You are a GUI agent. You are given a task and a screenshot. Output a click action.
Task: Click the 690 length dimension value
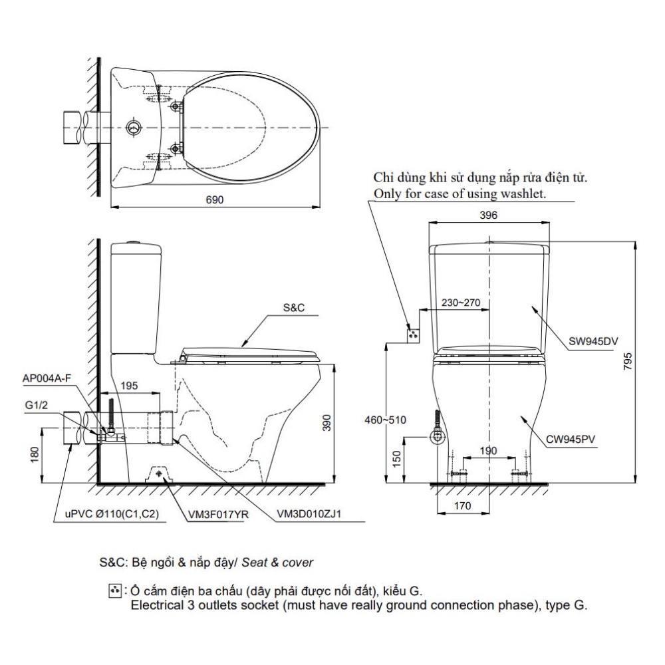click(x=215, y=199)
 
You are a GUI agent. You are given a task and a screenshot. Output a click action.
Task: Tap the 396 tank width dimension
click(x=489, y=215)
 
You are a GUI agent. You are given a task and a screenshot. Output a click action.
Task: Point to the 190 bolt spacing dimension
click(x=489, y=451)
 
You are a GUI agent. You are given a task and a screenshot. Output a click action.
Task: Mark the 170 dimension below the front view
click(x=463, y=506)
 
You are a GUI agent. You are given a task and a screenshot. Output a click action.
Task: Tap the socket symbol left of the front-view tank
click(x=414, y=334)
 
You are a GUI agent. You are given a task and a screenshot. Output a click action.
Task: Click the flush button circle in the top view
click(x=134, y=126)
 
